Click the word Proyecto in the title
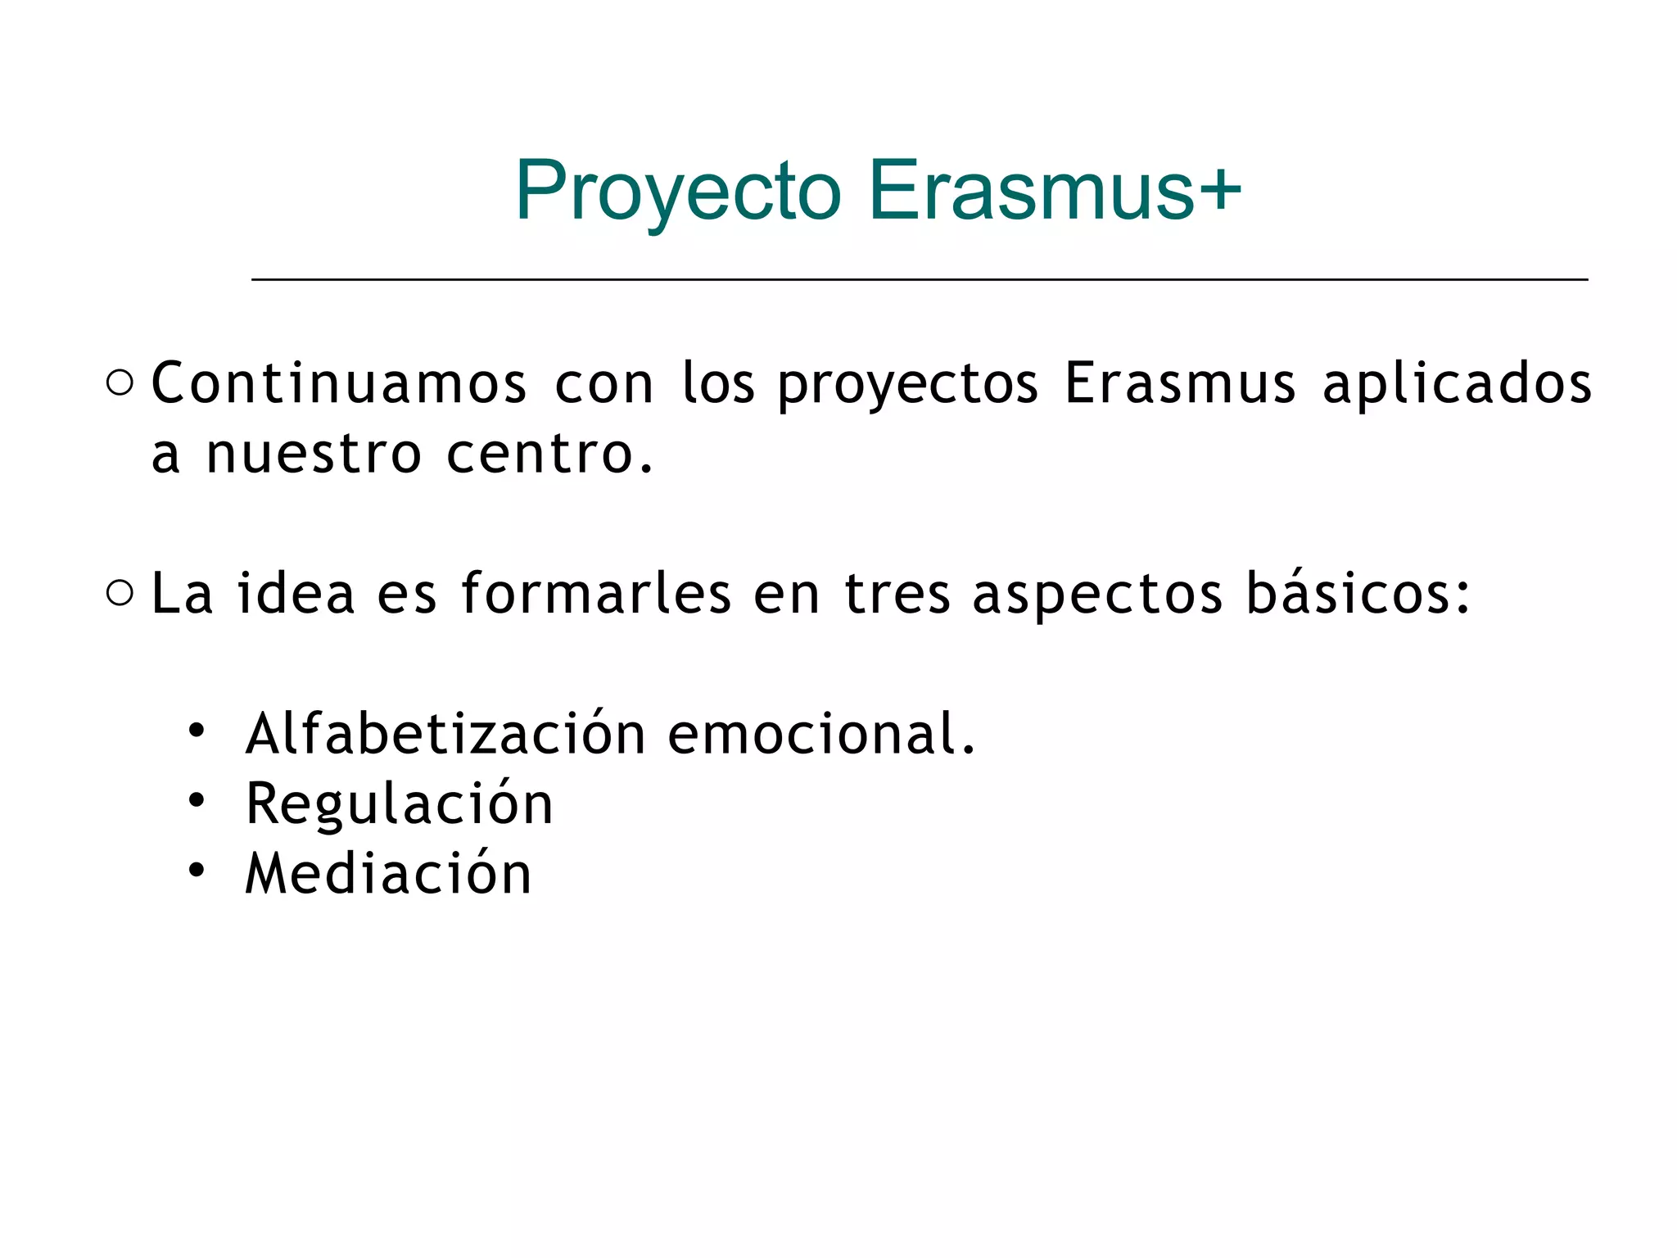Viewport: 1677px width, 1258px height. point(678,191)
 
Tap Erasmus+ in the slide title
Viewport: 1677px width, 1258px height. point(1054,191)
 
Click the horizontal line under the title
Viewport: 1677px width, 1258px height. point(919,280)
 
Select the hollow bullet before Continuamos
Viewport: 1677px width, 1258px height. point(120,382)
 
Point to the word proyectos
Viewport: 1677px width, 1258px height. point(907,385)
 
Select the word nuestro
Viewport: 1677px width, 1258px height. point(313,455)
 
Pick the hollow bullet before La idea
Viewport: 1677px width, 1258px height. point(120,593)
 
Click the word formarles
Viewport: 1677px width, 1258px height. point(596,593)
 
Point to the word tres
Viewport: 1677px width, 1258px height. point(897,593)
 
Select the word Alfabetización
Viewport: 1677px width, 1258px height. point(446,733)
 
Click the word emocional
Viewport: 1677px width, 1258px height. point(820,733)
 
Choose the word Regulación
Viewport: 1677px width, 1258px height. point(400,804)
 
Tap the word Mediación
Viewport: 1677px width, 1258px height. point(389,874)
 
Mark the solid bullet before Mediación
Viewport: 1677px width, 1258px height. point(196,870)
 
